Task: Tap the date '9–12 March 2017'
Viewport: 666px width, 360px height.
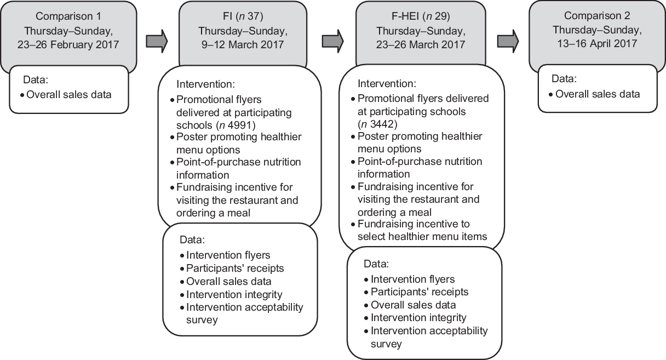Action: click(x=241, y=44)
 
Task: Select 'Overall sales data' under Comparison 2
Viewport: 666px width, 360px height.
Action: click(x=598, y=94)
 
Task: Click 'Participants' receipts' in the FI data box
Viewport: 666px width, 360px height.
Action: click(x=235, y=268)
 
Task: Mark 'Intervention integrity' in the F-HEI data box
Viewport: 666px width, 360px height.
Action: click(x=418, y=317)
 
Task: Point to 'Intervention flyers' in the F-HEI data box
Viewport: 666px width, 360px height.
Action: click(x=412, y=279)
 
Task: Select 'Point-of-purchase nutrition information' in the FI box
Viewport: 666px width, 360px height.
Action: click(x=238, y=168)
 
